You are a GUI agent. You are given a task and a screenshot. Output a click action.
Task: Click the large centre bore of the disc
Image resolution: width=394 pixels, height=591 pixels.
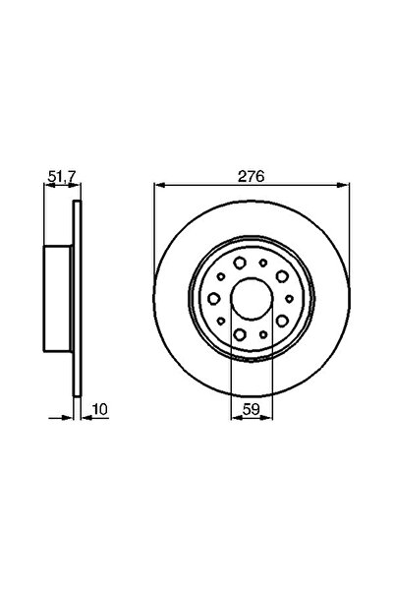click(x=252, y=298)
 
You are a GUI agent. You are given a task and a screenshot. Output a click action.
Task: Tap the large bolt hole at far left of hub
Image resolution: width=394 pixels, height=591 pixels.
click(x=214, y=298)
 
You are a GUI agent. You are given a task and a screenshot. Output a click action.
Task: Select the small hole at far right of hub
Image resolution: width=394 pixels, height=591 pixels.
click(x=289, y=298)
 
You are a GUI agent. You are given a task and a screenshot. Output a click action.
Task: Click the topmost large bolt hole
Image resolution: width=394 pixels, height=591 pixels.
click(x=240, y=263)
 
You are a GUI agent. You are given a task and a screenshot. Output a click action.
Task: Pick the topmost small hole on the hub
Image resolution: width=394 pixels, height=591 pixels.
click(x=263, y=263)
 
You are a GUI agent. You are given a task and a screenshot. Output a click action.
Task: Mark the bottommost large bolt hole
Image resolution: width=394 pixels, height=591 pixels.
click(x=240, y=333)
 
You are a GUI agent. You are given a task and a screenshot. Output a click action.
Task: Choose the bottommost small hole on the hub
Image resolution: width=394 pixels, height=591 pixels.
click(x=263, y=334)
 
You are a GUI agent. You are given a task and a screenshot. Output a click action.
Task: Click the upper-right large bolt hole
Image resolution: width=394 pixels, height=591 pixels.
click(x=282, y=276)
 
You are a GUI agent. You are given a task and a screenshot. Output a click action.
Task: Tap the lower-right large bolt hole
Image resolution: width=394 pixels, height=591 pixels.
click(x=282, y=321)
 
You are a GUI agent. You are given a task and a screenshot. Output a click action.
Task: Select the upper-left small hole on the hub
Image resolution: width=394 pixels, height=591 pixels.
click(x=221, y=276)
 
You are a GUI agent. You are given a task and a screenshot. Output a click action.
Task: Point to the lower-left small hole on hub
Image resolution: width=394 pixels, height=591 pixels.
click(x=221, y=321)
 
